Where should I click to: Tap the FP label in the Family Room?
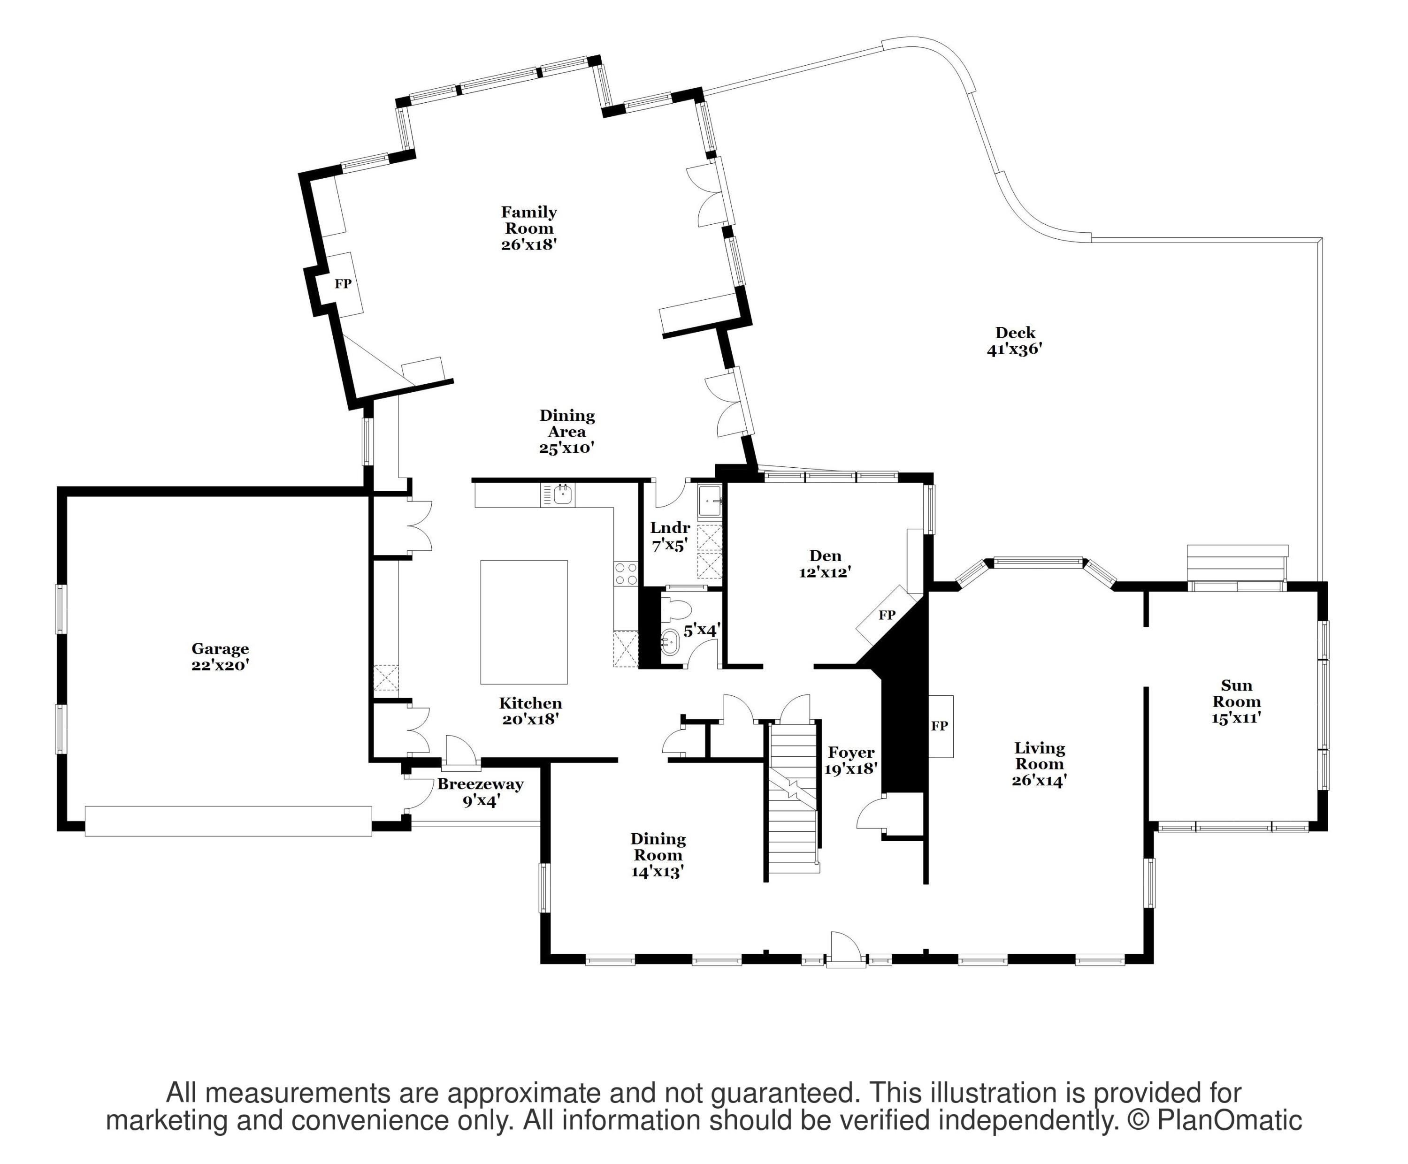click(x=343, y=283)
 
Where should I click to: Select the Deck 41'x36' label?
click(x=1014, y=341)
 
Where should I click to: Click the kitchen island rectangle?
click(x=524, y=622)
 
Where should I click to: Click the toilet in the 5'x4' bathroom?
click(x=677, y=610)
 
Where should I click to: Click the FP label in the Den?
click(x=887, y=615)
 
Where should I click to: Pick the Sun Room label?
click(x=1236, y=701)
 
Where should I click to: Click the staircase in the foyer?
click(x=793, y=798)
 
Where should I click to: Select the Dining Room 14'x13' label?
click(x=658, y=855)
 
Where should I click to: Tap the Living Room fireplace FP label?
click(x=939, y=726)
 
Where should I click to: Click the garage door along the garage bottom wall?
click(x=228, y=821)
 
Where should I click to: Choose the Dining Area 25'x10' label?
click(x=567, y=432)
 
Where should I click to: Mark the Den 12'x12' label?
click(x=826, y=563)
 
